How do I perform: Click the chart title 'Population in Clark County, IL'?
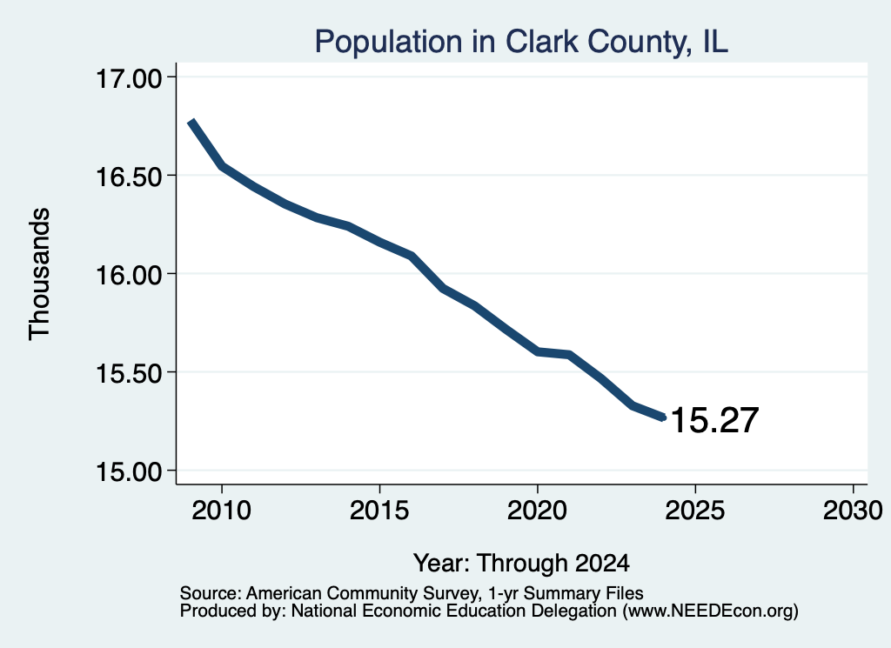521,42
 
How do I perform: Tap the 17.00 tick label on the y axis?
129,78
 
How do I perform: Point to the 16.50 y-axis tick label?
129,177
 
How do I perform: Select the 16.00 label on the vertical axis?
129,275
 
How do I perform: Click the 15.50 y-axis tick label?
129,373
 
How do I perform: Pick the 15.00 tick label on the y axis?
129,471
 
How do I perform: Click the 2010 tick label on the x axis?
221,510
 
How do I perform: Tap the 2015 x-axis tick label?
379,510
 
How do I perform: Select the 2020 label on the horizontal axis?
537,510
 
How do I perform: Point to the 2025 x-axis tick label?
694,510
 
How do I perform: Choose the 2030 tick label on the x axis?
853,510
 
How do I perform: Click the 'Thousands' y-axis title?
40,274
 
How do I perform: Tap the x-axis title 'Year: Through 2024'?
522,563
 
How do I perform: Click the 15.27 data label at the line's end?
714,420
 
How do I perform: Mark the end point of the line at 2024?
662,418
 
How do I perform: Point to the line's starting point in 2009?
191,122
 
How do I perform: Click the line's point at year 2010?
222,166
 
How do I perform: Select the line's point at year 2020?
538,352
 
